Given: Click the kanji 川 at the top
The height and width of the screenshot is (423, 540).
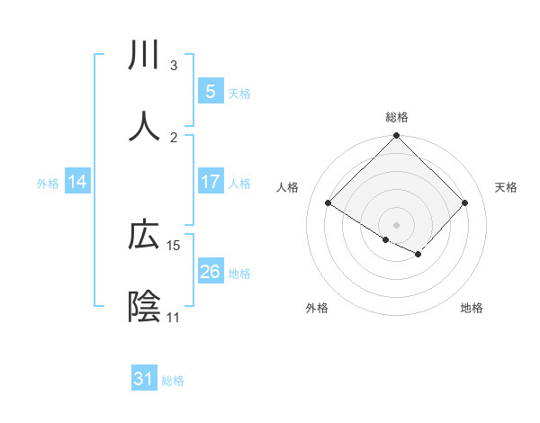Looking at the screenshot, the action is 145,56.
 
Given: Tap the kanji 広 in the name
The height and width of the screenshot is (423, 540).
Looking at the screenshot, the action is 145,236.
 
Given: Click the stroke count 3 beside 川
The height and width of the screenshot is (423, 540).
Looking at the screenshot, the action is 174,66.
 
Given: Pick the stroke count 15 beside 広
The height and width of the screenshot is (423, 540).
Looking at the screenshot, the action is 174,246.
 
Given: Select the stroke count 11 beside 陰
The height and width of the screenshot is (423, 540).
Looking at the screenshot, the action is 174,318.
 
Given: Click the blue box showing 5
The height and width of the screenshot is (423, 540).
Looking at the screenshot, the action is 210,92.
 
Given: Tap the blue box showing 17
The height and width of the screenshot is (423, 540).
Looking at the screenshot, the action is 210,182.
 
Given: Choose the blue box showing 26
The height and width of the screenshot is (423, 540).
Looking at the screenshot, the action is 210,272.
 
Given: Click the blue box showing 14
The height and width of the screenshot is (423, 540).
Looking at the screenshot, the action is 77,182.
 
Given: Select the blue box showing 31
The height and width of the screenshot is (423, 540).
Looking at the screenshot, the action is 144,379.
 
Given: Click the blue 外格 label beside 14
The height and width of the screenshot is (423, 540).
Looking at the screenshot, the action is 48,183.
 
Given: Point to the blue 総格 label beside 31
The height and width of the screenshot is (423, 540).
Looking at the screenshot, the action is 173,381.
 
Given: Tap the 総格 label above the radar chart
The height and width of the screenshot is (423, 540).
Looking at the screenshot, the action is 396,117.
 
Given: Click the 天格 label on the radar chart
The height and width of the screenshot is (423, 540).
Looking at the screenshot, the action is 507,187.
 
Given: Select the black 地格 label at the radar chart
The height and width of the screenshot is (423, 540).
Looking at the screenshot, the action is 472,308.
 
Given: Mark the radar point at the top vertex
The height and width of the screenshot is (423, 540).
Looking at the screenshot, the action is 396,137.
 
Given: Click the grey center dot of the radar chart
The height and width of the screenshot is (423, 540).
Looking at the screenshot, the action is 396,223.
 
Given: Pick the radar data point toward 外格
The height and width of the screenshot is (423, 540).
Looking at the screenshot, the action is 386,239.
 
